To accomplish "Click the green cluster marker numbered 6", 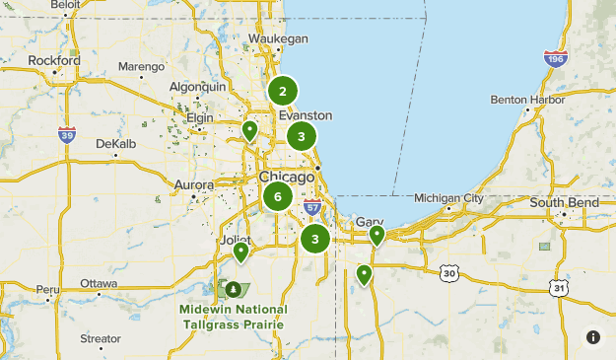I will click(x=278, y=196).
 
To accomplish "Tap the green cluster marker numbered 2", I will click(x=283, y=92).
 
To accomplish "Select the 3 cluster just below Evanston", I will click(x=302, y=136).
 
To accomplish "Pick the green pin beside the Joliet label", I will click(x=240, y=252).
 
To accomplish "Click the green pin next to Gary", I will click(x=376, y=235).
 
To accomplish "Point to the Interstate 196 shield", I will click(x=557, y=57).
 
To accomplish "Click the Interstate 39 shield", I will click(x=66, y=134).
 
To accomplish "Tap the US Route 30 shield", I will click(x=449, y=271).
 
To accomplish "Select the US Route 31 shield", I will click(x=559, y=288).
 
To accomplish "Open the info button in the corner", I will click(x=593, y=337).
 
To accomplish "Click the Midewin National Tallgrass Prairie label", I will click(x=233, y=317).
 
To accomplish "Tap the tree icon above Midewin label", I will click(x=234, y=290).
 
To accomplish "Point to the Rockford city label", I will click(x=54, y=60).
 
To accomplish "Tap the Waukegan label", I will click(x=279, y=38).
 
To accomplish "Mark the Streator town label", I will click(x=101, y=338).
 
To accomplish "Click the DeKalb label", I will click(x=115, y=143).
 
